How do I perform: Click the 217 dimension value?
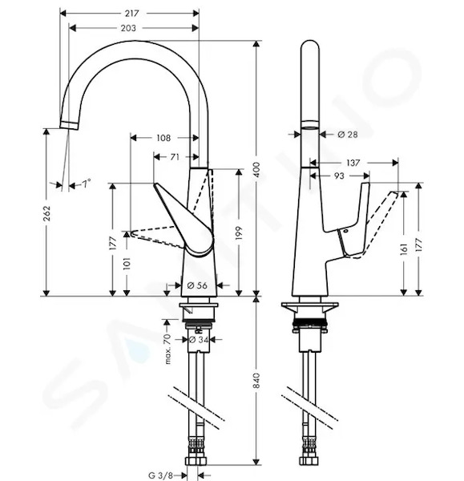(x=132, y=13)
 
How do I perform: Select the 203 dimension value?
(x=128, y=28)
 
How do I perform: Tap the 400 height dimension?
(x=257, y=170)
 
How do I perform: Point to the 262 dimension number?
(x=46, y=213)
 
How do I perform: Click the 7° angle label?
(x=87, y=184)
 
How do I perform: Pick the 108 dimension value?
(x=163, y=138)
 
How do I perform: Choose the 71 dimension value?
(x=175, y=157)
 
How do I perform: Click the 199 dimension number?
(x=239, y=234)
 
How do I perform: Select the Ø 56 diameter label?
(x=197, y=285)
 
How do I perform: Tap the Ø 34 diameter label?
(x=199, y=340)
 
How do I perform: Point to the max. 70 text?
(x=167, y=349)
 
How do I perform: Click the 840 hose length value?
(x=256, y=381)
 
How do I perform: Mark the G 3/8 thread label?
(x=161, y=475)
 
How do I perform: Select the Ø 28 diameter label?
(x=348, y=135)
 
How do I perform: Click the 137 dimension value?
(x=353, y=163)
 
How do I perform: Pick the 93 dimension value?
(x=339, y=176)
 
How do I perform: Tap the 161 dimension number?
(x=404, y=249)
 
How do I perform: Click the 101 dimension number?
(x=127, y=263)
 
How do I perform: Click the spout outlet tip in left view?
(x=68, y=125)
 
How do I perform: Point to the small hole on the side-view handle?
(x=345, y=231)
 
